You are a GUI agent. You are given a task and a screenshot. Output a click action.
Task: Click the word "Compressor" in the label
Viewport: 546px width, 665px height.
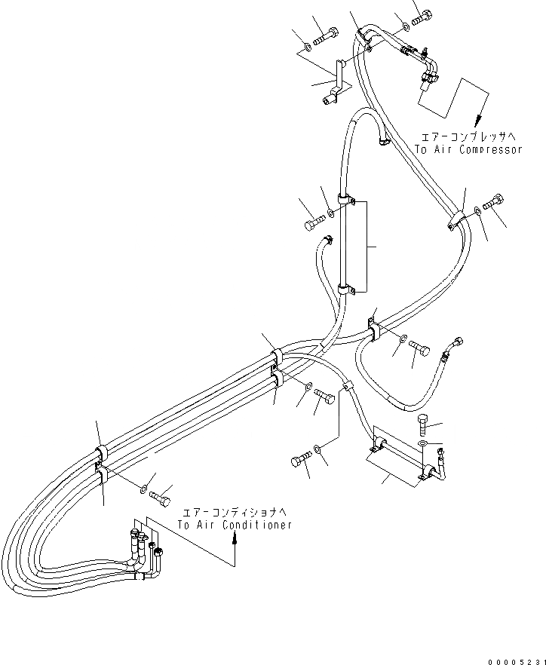click(490, 149)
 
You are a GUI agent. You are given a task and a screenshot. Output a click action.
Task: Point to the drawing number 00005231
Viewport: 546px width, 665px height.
click(514, 657)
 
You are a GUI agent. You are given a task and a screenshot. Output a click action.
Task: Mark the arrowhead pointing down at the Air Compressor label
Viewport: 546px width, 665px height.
click(477, 120)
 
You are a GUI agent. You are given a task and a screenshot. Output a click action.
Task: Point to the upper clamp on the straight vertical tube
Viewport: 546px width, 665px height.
click(347, 201)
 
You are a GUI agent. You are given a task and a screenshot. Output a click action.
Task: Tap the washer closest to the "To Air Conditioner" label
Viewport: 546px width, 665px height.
click(144, 490)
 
